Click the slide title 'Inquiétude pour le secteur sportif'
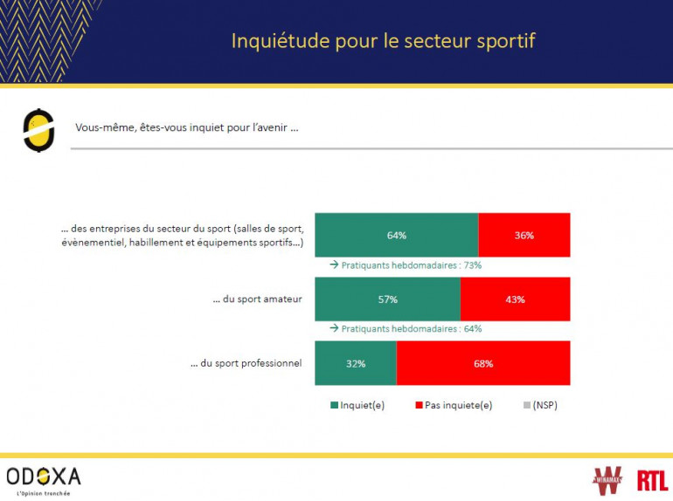click(383, 41)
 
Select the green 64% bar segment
click(396, 235)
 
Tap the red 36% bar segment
click(524, 235)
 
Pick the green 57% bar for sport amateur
click(387, 299)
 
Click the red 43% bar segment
click(515, 299)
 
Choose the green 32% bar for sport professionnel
click(355, 363)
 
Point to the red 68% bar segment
click(483, 363)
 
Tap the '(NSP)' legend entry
click(543, 405)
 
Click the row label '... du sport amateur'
click(257, 299)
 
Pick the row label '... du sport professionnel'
click(246, 363)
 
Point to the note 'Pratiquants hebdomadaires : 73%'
click(411, 265)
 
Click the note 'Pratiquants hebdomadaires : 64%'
click(411, 329)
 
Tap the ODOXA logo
click(43, 477)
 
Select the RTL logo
click(652, 479)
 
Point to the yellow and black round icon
click(38, 130)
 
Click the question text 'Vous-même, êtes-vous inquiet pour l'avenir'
click(187, 127)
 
